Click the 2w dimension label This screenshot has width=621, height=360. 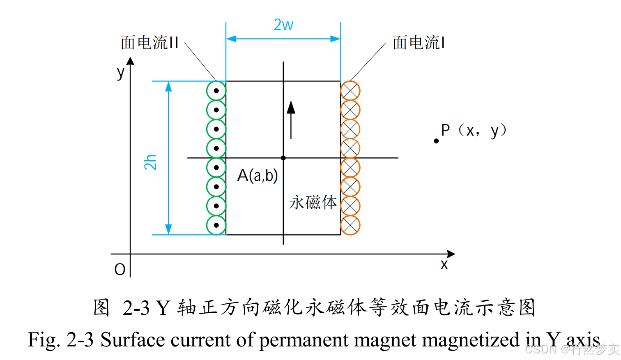point(283,25)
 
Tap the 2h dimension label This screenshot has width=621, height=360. point(150,162)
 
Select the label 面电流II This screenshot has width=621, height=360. point(149,43)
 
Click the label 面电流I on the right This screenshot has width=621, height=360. point(419,43)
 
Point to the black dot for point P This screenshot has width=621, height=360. point(436,141)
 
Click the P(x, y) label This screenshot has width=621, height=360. point(474,131)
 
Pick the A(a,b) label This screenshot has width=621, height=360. point(258,175)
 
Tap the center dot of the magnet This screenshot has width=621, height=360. point(283,158)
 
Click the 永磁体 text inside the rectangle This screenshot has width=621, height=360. point(313,203)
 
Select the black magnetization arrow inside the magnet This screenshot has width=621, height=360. point(291,119)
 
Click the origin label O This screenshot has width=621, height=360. point(120,270)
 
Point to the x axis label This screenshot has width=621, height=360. point(444,265)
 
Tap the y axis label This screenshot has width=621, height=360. point(120,73)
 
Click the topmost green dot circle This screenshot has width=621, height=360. point(216,91)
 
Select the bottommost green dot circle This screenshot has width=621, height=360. point(216,225)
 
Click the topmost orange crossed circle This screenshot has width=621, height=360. point(350,91)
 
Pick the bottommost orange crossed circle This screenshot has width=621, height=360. point(350,225)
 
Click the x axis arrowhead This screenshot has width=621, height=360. point(451,254)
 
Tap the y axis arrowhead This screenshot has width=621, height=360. point(130,61)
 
